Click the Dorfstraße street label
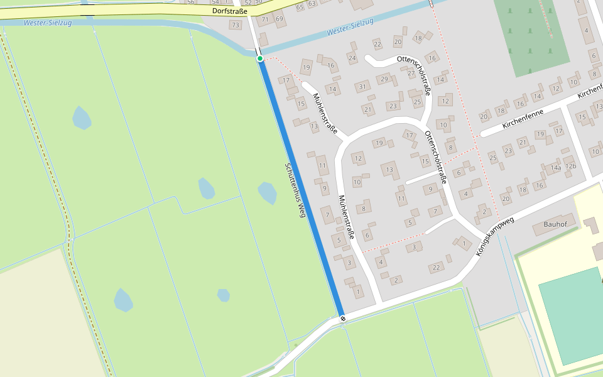[x=229, y=11]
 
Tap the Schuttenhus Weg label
[x=295, y=190]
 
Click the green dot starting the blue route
[x=260, y=58]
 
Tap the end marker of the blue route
[x=343, y=318]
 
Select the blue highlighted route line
[x=301, y=188]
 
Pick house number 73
[x=235, y=25]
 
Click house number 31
[x=362, y=87]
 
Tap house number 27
[x=411, y=73]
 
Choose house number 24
[x=352, y=58]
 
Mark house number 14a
[x=555, y=168]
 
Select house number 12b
[x=570, y=166]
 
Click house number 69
[x=279, y=19]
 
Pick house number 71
[x=266, y=19]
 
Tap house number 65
[x=300, y=6]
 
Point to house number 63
[x=312, y=4]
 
